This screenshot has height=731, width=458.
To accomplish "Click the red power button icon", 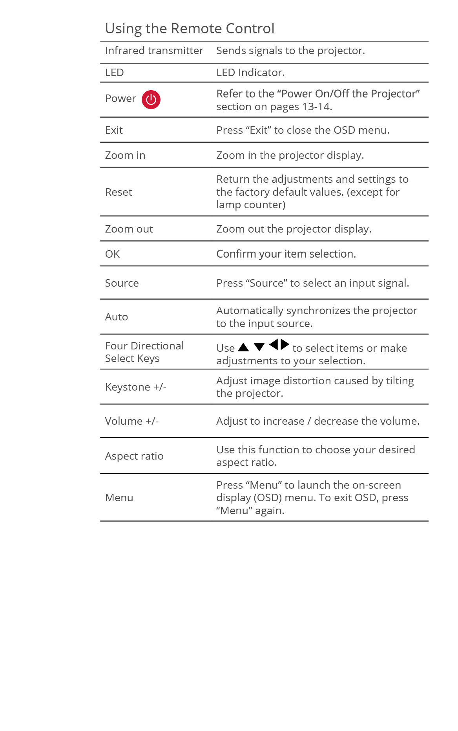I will (x=151, y=100).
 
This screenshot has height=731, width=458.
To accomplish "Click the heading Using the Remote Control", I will (x=190, y=29).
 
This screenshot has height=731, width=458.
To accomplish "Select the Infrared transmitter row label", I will (x=154, y=51).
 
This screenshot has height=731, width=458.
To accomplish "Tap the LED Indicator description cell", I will (x=250, y=73).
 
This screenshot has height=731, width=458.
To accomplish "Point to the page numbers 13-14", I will (x=317, y=107).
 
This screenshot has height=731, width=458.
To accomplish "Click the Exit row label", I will (x=114, y=130).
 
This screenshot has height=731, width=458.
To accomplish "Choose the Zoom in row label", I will (x=125, y=155).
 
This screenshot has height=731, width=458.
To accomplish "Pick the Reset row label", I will (x=119, y=192).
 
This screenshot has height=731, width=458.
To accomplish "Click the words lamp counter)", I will (x=251, y=205).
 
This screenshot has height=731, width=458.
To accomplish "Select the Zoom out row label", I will (x=129, y=229).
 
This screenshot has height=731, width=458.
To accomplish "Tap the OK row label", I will (x=112, y=254).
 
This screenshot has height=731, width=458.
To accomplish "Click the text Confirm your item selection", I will (x=286, y=254).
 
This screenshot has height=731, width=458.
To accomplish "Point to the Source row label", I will (x=122, y=283).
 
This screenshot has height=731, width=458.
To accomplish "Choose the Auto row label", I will (x=117, y=317).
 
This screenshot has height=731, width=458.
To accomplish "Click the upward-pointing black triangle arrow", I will (x=243, y=347).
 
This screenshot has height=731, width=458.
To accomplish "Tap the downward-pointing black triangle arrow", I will (x=259, y=347).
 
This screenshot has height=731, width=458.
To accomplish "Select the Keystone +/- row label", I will (x=135, y=387).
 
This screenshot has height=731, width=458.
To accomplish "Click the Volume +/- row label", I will (x=131, y=421).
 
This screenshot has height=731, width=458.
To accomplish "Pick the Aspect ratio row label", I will (x=134, y=456).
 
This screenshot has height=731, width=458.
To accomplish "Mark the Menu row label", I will (x=119, y=498).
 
